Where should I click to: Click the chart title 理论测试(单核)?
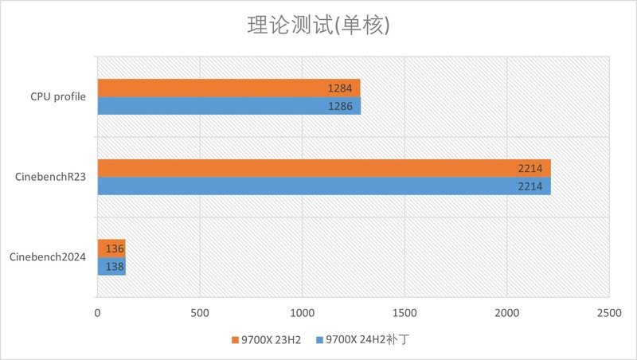(318, 26)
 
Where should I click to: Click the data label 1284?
(340, 88)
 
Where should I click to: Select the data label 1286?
(340, 105)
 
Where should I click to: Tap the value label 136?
(115, 248)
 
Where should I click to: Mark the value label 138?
(115, 266)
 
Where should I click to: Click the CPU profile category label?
(58, 96)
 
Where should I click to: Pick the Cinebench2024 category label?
(49, 257)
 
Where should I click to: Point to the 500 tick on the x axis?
(200, 315)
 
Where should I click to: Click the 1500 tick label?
(404, 315)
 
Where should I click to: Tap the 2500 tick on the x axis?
(609, 315)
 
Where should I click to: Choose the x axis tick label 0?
(97, 315)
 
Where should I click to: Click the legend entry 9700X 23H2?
(267, 340)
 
